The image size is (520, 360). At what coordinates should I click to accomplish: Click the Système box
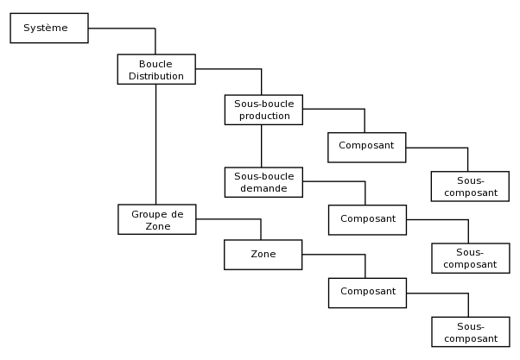tap(48, 28)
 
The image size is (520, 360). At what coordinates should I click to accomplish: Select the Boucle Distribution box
tap(156, 70)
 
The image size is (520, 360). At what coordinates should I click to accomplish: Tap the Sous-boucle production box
tap(263, 110)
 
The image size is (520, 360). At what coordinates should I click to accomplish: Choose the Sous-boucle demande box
tap(263, 182)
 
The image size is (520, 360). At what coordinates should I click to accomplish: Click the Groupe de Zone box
tap(156, 219)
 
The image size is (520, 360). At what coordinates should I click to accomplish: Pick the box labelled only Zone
tap(263, 255)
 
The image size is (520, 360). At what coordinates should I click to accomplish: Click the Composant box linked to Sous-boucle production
tap(366, 147)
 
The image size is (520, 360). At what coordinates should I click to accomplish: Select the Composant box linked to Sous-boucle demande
tap(367, 219)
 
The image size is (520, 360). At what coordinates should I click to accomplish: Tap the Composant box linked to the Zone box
tap(367, 292)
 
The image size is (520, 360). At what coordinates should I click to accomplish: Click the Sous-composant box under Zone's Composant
tap(470, 332)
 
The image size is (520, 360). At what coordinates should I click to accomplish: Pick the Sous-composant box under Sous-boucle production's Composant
tap(470, 186)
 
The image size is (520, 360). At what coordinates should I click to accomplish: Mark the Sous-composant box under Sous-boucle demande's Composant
tap(470, 258)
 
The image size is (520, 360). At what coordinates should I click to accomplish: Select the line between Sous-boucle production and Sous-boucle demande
tap(261, 146)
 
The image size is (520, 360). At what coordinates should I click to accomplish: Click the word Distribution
tap(156, 76)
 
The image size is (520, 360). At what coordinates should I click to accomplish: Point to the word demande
tap(263, 188)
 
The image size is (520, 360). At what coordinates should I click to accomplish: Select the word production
tap(263, 116)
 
